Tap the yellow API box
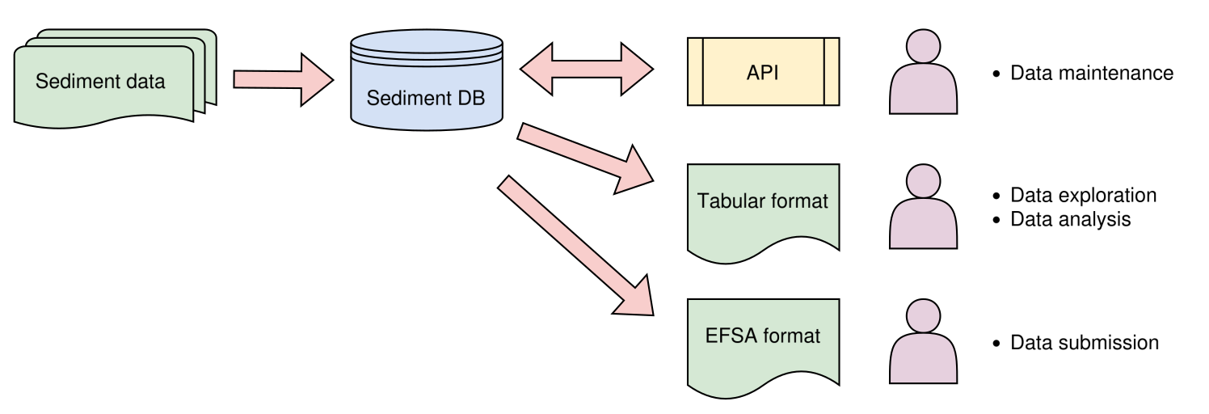[x=763, y=72]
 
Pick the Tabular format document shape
[x=763, y=206]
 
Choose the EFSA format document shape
[x=763, y=340]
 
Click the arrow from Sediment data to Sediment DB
[x=283, y=79]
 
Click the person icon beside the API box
[x=924, y=73]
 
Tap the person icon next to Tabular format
[x=924, y=208]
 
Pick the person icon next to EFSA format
[x=924, y=343]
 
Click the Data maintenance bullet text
[x=1091, y=74]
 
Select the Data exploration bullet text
[x=1083, y=196]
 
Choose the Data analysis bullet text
[x=1070, y=219]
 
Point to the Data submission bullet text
[x=1084, y=343]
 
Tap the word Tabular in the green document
[x=727, y=201]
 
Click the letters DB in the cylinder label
[x=471, y=99]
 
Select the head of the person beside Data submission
[x=924, y=316]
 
